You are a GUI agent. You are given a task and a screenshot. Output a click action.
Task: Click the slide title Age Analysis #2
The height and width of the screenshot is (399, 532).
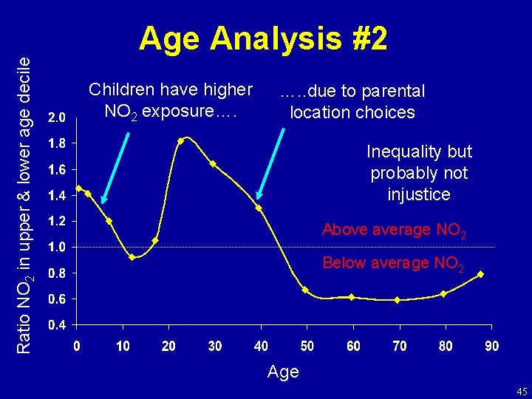click(263, 39)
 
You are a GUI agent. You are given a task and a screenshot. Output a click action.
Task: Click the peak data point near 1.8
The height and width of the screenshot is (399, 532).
click(181, 140)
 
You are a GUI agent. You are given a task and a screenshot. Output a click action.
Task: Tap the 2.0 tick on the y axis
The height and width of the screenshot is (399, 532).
click(56, 117)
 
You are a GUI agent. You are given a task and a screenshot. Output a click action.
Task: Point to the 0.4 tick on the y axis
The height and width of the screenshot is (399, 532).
click(56, 325)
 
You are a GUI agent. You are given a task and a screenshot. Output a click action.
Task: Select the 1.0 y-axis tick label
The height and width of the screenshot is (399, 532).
click(56, 247)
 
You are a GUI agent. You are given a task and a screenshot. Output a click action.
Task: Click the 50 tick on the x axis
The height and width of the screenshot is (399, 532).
click(307, 346)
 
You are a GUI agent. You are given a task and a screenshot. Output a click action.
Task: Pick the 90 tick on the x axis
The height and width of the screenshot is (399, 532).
click(491, 346)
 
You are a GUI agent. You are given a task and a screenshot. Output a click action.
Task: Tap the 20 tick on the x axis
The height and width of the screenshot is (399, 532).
click(168, 346)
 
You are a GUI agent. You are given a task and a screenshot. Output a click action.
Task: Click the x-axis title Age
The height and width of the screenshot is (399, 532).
click(284, 372)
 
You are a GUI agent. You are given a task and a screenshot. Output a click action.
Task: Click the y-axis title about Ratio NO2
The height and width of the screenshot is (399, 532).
click(24, 194)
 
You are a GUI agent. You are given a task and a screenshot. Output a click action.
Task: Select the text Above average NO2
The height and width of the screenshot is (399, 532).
click(393, 231)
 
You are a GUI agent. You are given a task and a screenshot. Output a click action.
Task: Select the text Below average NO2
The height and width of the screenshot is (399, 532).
click(393, 264)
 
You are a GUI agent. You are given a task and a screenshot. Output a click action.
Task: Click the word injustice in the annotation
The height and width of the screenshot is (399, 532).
click(419, 194)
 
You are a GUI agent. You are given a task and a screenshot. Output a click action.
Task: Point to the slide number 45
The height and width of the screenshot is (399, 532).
click(521, 391)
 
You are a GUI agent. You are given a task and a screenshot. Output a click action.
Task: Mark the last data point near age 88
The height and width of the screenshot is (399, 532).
click(480, 274)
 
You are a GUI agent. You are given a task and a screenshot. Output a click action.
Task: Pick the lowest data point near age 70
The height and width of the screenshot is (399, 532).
click(397, 300)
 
